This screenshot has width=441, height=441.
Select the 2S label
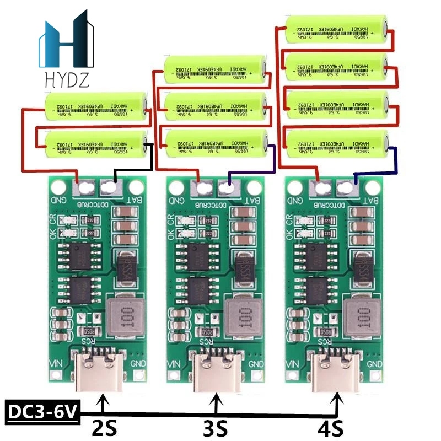(x=103, y=427)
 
